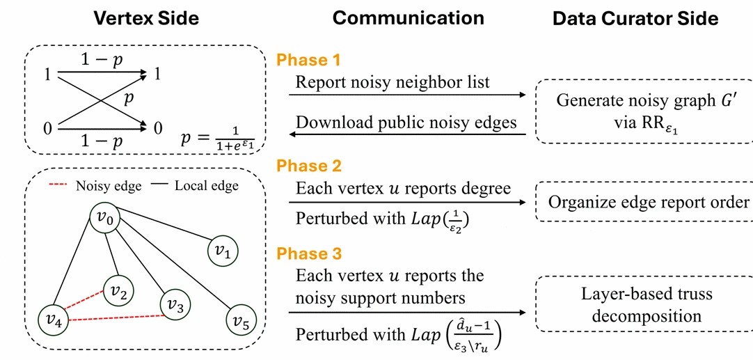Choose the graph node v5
tap(241, 321)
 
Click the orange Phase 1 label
tap(308, 61)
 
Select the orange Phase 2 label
tap(308, 166)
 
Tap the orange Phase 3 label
tap(308, 253)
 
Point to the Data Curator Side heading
tap(635, 19)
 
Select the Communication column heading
tap(408, 18)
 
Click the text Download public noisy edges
tap(406, 122)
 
